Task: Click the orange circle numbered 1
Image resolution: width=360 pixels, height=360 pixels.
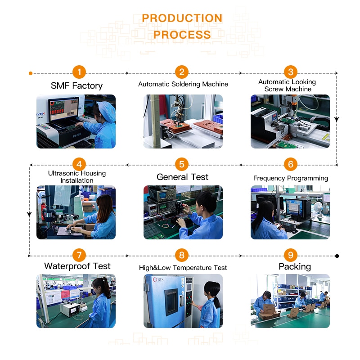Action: tap(79, 72)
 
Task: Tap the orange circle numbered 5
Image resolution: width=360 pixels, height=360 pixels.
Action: tap(182, 164)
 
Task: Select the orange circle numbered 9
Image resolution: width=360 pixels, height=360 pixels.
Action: tap(291, 255)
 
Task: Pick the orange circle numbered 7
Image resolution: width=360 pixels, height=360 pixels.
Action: tap(79, 255)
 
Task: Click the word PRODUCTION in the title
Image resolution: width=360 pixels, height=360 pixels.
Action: tap(182, 18)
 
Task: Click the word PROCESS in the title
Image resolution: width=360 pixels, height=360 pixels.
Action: tap(182, 35)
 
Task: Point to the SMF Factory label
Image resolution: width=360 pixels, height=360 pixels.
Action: tap(76, 85)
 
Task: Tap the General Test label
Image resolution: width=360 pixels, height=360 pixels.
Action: tap(182, 177)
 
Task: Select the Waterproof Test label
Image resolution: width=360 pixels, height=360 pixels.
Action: tap(77, 266)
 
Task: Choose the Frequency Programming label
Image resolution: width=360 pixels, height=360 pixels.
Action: tap(290, 178)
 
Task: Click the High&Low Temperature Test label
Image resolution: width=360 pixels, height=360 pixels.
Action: tap(183, 268)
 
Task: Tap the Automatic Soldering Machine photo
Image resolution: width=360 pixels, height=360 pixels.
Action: tap(183, 121)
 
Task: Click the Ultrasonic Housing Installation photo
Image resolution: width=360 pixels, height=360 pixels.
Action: tap(76, 212)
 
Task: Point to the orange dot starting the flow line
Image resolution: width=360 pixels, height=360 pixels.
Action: tap(30, 73)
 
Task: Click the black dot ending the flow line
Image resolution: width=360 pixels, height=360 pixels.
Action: tap(337, 256)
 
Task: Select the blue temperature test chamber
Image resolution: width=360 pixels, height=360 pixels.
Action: tap(169, 301)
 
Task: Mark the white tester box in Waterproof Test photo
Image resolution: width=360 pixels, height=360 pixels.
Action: tap(71, 309)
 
